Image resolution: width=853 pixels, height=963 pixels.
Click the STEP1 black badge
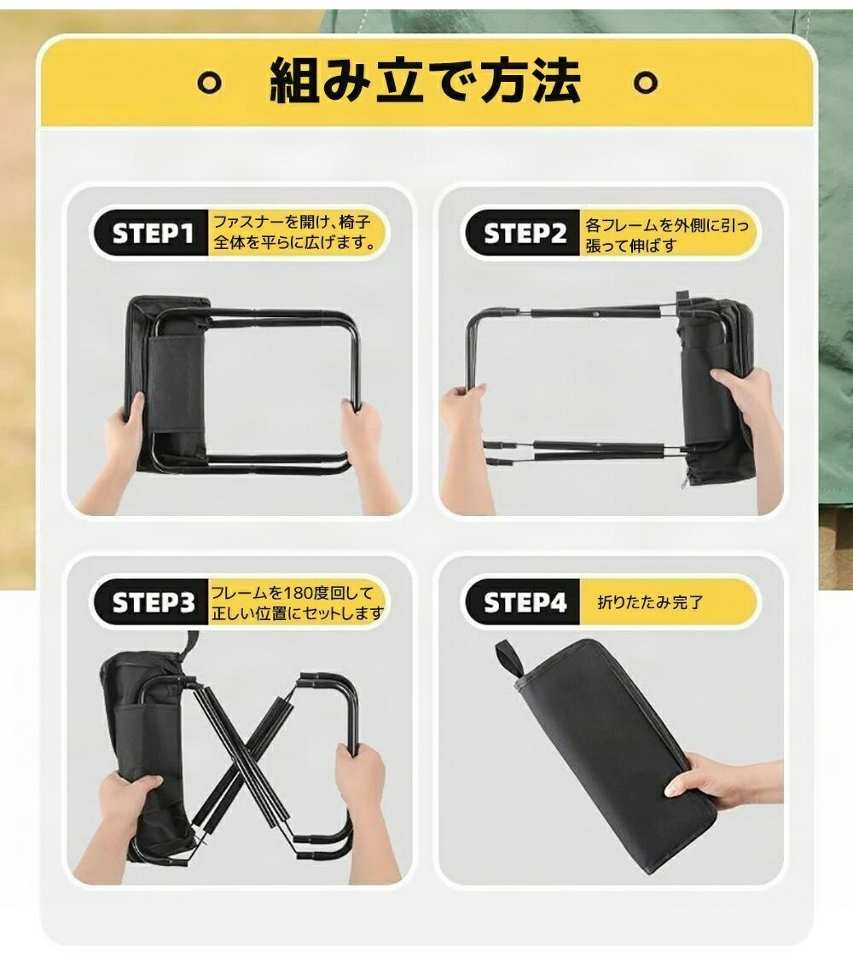point(151,234)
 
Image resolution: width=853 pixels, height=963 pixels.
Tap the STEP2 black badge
point(523,234)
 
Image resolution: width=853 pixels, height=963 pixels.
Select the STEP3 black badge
point(151,602)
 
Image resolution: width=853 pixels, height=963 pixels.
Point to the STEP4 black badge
point(523,602)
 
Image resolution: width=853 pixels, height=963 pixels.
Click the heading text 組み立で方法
point(426,80)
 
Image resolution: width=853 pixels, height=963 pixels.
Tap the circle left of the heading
point(210,83)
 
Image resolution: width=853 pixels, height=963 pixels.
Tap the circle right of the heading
point(646,83)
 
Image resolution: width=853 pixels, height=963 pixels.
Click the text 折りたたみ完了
point(650,602)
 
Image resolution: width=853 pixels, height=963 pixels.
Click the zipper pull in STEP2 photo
point(685,480)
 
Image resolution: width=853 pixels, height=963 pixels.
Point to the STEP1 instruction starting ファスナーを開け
point(293,231)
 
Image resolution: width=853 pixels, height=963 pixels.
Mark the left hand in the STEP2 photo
point(467,442)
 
